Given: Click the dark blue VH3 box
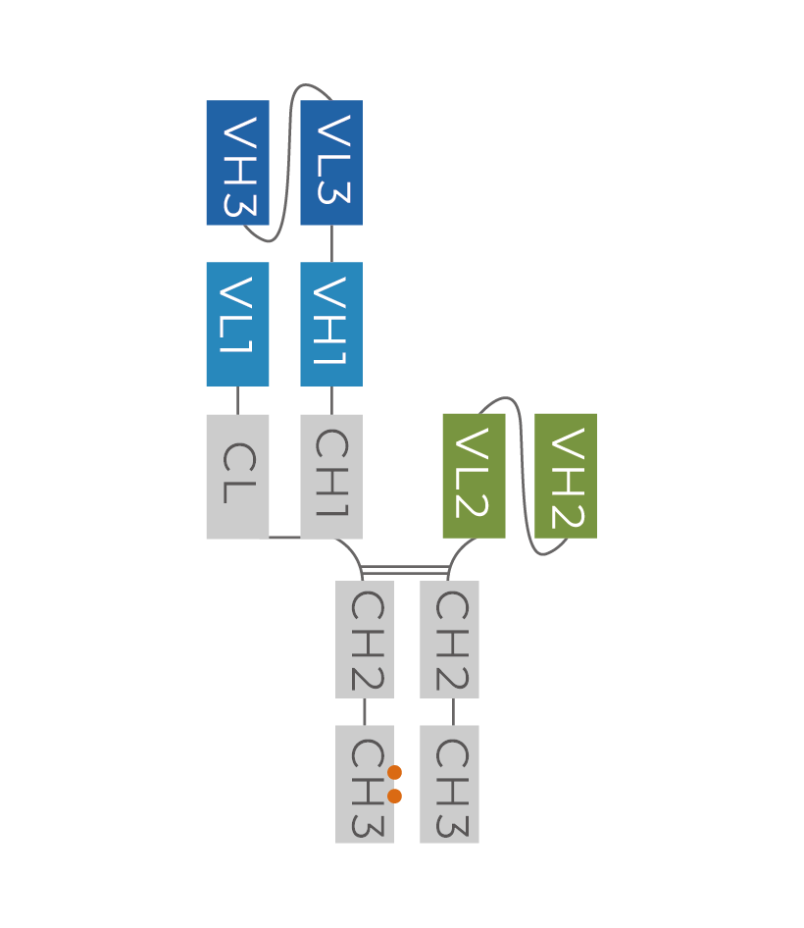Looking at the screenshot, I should click(237, 163).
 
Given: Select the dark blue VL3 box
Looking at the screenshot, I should click(331, 163).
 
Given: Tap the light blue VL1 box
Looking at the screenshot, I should click(237, 324).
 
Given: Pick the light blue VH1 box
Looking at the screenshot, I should click(331, 324).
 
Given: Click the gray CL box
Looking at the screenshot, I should click(237, 476).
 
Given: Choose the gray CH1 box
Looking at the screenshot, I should click(331, 476).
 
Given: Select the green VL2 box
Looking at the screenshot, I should click(474, 476).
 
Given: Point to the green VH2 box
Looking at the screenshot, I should click(566, 476).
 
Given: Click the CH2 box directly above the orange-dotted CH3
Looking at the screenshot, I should click(365, 640).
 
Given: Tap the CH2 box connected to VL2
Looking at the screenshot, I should click(449, 640).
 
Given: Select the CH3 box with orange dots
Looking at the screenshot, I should click(365, 784).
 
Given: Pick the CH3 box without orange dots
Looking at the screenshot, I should click(449, 784).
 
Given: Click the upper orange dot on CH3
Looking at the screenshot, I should click(394, 772).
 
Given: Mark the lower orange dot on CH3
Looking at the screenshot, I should click(394, 796).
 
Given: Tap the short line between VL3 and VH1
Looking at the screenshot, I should click(331, 243).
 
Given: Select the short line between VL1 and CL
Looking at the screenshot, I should click(237, 399).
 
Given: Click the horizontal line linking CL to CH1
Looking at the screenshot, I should click(284, 537).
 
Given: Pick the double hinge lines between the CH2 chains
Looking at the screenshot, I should click(405, 570).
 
